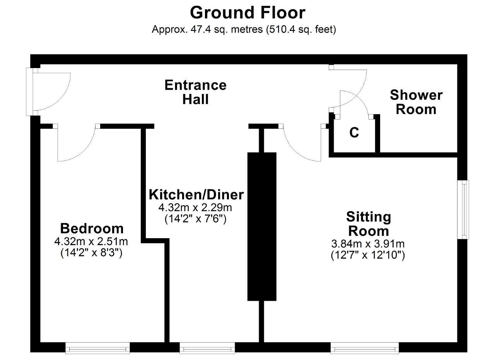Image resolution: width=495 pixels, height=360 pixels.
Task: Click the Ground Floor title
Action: click(247, 13)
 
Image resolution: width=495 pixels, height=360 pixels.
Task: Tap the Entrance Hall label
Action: click(196, 92)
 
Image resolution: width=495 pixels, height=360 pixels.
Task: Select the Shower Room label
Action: click(416, 102)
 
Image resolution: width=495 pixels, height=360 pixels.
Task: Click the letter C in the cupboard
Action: click(354, 133)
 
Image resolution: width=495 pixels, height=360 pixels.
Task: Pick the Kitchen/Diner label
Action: click(196, 195)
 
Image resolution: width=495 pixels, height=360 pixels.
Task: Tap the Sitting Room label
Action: click(369, 224)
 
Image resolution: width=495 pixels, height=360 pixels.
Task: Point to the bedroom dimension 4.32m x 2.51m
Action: click(91, 242)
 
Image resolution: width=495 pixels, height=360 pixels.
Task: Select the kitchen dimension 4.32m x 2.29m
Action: click(195, 208)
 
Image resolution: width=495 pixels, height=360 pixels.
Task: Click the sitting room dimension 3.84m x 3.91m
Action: click(368, 244)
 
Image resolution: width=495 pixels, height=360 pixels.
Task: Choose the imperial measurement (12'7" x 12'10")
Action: click(368, 256)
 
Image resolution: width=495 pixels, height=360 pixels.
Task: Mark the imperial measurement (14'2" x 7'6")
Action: click(196, 219)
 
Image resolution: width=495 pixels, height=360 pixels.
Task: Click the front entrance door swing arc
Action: click(60, 101)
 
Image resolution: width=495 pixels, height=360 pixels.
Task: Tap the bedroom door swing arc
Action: click(84, 151)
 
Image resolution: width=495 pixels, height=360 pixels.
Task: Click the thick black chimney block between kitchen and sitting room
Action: click(262, 227)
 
